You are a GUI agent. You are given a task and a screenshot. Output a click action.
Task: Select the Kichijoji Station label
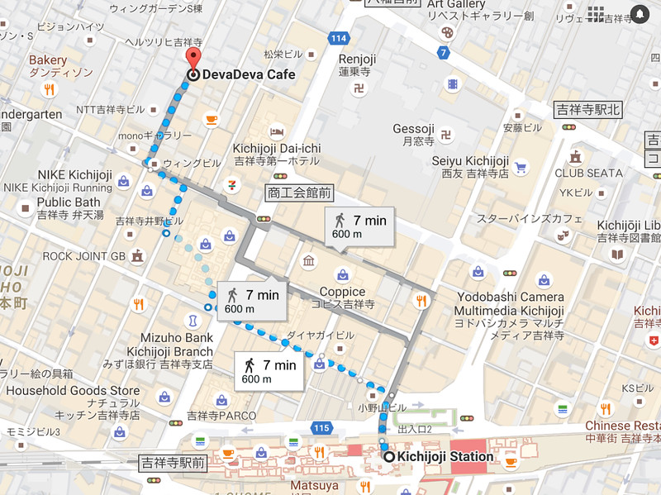click(x=445, y=456)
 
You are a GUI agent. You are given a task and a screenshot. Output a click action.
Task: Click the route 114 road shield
click(x=337, y=38)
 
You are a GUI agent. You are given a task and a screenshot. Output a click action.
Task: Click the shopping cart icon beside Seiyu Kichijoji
click(x=521, y=167)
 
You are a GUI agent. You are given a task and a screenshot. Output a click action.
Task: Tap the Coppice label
click(x=342, y=292)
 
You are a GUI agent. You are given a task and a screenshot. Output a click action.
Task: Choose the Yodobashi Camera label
click(x=508, y=297)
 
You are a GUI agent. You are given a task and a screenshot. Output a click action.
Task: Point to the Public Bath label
click(x=69, y=202)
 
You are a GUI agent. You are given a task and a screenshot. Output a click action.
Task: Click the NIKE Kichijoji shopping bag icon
click(x=123, y=178)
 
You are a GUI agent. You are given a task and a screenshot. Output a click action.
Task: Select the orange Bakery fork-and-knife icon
click(x=49, y=90)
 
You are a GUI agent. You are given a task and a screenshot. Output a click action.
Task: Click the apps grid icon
click(x=596, y=13)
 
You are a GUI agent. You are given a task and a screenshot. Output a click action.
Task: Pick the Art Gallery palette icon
click(x=446, y=32)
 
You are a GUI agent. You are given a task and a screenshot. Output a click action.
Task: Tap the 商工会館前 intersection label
click(x=298, y=193)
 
